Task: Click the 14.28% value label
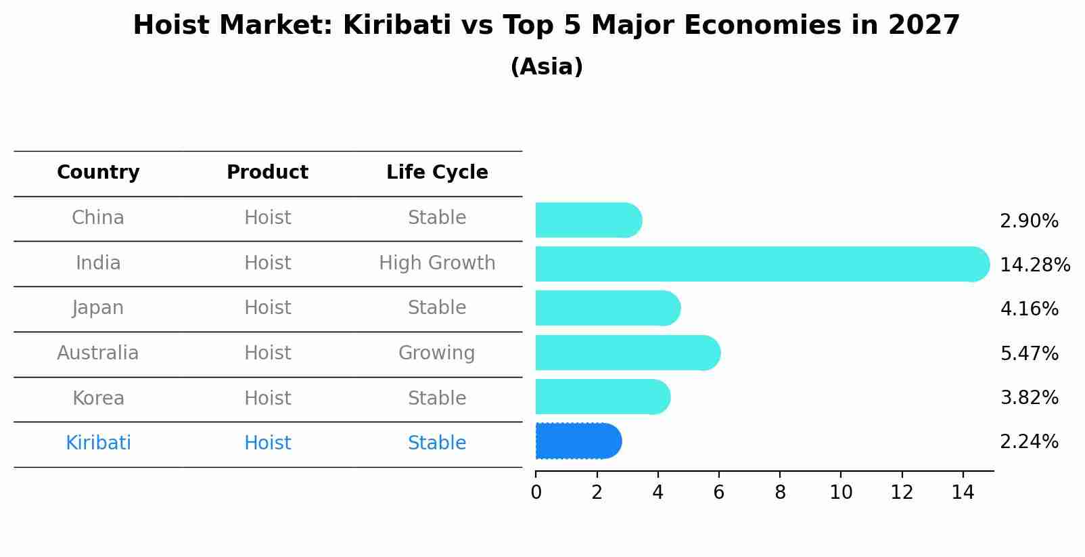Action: (1035, 265)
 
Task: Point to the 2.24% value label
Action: (1029, 442)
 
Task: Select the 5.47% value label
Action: (1029, 353)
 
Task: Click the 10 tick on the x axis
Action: (841, 493)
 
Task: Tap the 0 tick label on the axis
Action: (536, 493)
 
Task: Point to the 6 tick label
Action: (718, 493)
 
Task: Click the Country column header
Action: (98, 173)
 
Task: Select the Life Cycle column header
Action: (437, 173)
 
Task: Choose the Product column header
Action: (267, 173)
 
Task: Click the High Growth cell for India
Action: (437, 263)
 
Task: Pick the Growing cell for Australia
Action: (436, 353)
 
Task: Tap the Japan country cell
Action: (98, 308)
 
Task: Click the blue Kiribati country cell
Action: (98, 443)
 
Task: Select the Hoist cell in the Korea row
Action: (267, 398)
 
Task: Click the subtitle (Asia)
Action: (547, 67)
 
